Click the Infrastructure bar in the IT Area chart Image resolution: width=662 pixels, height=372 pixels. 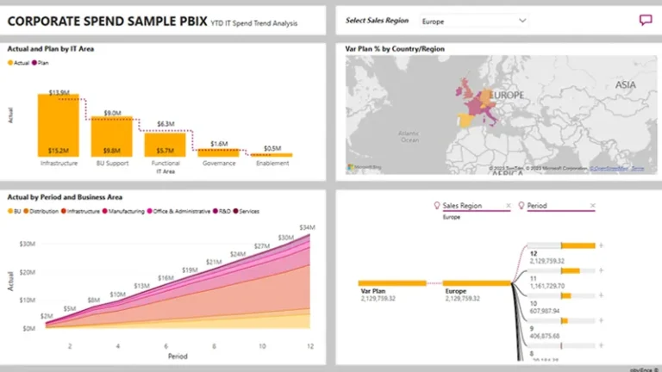(x=59, y=125)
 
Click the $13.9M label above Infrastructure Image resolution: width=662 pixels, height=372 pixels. (x=59, y=91)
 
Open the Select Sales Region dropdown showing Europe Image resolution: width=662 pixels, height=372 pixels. (x=474, y=20)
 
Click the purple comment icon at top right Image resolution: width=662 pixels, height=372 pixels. (x=645, y=21)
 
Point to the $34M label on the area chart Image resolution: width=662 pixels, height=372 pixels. (x=306, y=227)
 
